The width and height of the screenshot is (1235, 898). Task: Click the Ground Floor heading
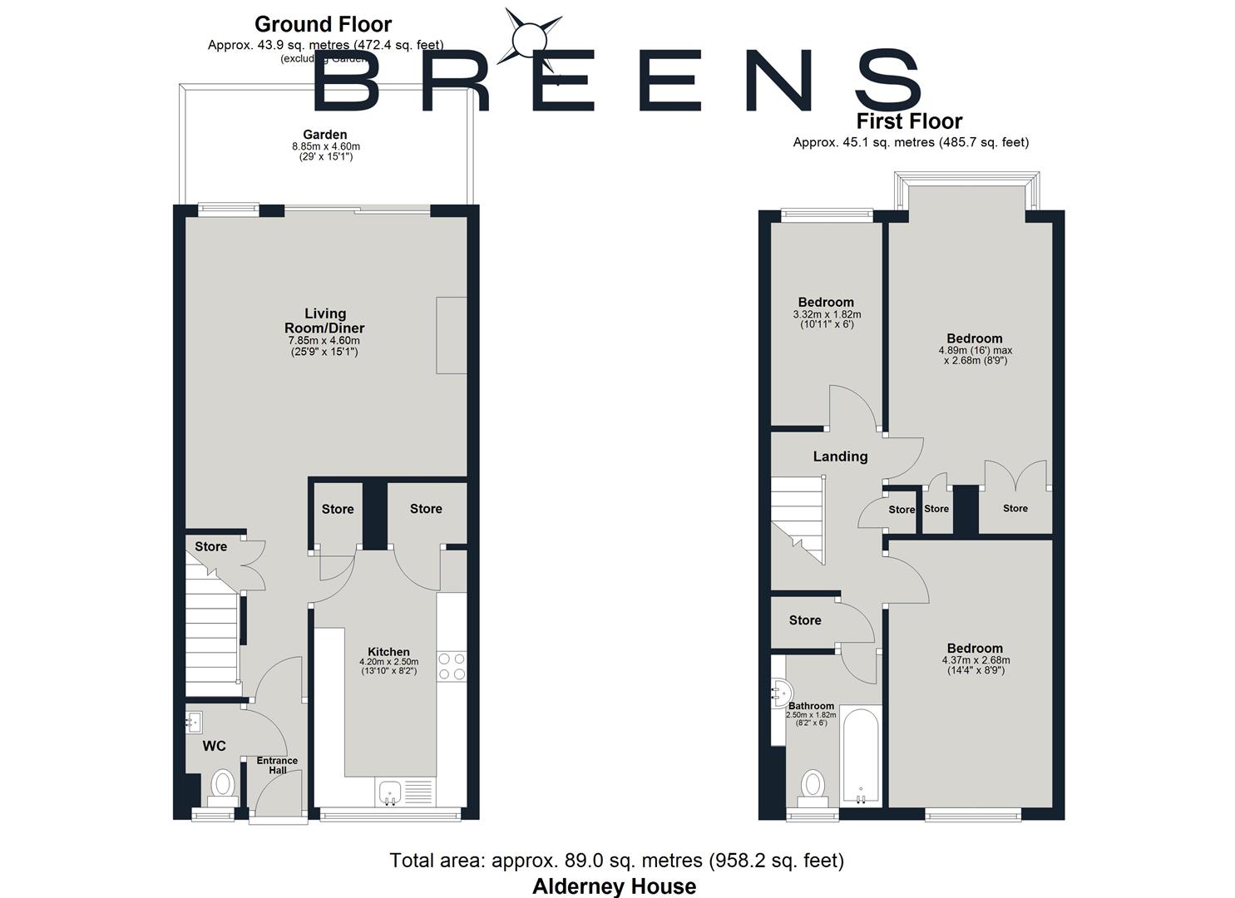323,24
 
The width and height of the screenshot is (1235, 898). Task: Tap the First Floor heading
909,121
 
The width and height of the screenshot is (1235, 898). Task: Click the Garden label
325,135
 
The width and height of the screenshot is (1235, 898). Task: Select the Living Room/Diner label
324,321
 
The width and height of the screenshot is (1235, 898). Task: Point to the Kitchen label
388,652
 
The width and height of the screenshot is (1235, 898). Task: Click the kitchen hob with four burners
452,666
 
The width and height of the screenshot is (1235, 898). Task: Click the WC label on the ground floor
215,746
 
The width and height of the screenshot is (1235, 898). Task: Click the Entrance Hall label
277,765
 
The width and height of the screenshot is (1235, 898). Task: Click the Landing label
840,456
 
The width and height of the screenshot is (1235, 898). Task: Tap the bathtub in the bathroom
860,755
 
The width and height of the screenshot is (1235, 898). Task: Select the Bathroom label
811,706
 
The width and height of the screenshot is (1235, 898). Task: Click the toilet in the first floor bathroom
813,787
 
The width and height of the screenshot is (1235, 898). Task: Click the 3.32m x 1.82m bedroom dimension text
827,314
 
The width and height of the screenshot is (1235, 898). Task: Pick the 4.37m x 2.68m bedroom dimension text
976,660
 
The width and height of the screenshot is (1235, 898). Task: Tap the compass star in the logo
527,38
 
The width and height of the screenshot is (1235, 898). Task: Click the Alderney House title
614,886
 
